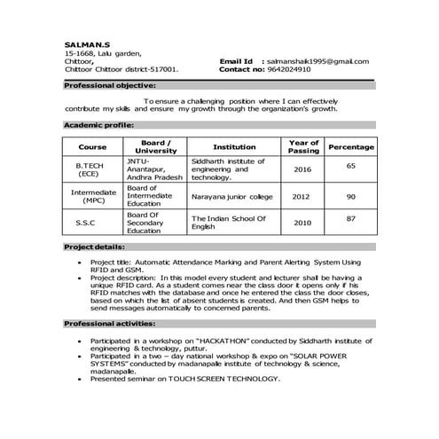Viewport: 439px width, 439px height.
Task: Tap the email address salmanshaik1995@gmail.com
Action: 316,60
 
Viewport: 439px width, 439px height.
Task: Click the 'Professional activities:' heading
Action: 110,324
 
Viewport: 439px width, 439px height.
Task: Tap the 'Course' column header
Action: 92,147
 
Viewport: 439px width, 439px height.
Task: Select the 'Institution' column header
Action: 235,147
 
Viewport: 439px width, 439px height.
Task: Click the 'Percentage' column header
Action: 351,147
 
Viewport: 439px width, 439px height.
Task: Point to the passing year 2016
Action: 303,169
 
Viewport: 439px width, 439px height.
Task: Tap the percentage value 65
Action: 351,166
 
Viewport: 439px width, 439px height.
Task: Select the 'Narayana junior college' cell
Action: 233,196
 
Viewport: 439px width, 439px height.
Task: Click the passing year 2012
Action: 303,196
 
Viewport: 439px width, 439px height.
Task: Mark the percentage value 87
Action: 351,218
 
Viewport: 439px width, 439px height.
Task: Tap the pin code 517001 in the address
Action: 163,68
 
